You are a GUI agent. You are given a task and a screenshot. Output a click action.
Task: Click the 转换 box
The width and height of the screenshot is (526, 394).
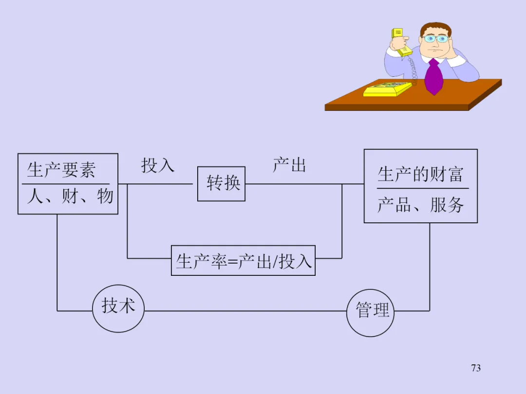pyautogui.click(x=222, y=183)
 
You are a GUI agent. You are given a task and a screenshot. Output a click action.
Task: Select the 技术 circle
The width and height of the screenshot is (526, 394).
pyautogui.click(x=118, y=308)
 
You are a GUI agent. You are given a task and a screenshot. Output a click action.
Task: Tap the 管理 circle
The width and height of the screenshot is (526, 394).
pyautogui.click(x=370, y=313)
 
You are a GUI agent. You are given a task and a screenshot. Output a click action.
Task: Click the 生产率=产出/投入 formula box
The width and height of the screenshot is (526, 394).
pyautogui.click(x=243, y=261)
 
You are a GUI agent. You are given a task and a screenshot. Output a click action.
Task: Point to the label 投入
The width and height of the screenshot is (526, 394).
pyautogui.click(x=158, y=165)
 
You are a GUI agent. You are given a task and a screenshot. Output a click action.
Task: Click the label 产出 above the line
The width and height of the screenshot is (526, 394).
pyautogui.click(x=289, y=164)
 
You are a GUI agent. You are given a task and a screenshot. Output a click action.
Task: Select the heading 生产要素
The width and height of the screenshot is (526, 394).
pyautogui.click(x=61, y=170)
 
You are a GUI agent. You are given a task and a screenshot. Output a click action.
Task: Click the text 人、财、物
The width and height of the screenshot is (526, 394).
pyautogui.click(x=70, y=196)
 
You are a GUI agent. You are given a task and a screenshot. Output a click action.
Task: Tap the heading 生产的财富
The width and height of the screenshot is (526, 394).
pyautogui.click(x=420, y=174)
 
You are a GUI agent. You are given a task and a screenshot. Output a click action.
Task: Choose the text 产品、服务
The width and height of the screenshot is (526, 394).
pyautogui.click(x=420, y=205)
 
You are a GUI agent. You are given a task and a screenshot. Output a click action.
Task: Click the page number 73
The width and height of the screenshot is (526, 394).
pyautogui.click(x=476, y=368)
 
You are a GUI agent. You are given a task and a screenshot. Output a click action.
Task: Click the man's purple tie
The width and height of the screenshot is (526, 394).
pyautogui.click(x=434, y=76)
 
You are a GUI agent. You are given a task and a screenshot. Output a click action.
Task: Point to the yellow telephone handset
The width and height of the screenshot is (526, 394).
pyautogui.click(x=401, y=42)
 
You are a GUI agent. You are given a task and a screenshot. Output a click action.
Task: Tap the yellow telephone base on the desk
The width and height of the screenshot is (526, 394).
pyautogui.click(x=388, y=89)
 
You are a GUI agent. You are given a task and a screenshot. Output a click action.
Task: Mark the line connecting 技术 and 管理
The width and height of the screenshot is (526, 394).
pyautogui.click(x=245, y=311)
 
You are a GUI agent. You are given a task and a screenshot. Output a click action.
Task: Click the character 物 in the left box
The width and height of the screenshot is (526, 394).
pyautogui.click(x=105, y=196)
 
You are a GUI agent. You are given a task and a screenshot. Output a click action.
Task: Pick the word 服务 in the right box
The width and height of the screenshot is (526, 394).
pyautogui.click(x=447, y=205)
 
